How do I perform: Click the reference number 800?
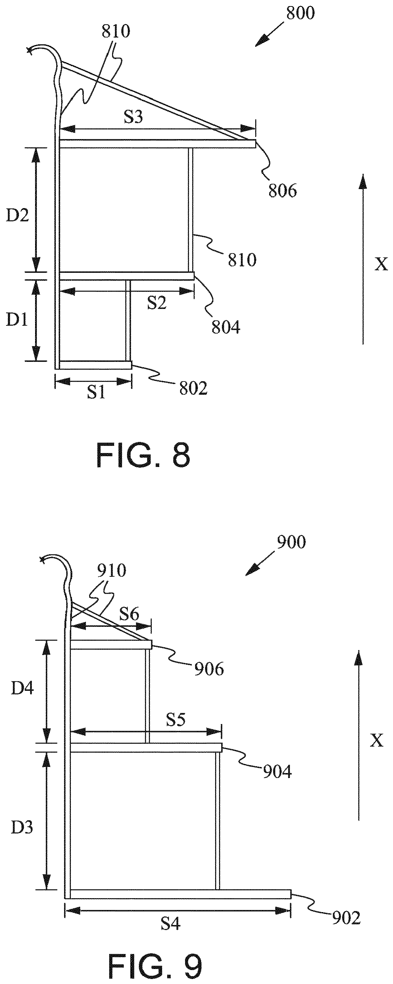(x=301, y=13)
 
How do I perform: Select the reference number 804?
(x=226, y=328)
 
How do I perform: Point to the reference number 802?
(x=193, y=388)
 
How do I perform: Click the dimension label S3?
(x=133, y=117)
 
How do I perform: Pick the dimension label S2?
(x=157, y=303)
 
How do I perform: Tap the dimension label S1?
(x=96, y=392)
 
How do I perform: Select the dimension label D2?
(x=18, y=216)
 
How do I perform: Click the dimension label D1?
(x=17, y=320)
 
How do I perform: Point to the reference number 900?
(x=291, y=542)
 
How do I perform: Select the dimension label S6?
(x=129, y=614)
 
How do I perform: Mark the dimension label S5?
(x=175, y=719)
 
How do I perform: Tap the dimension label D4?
(x=23, y=688)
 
